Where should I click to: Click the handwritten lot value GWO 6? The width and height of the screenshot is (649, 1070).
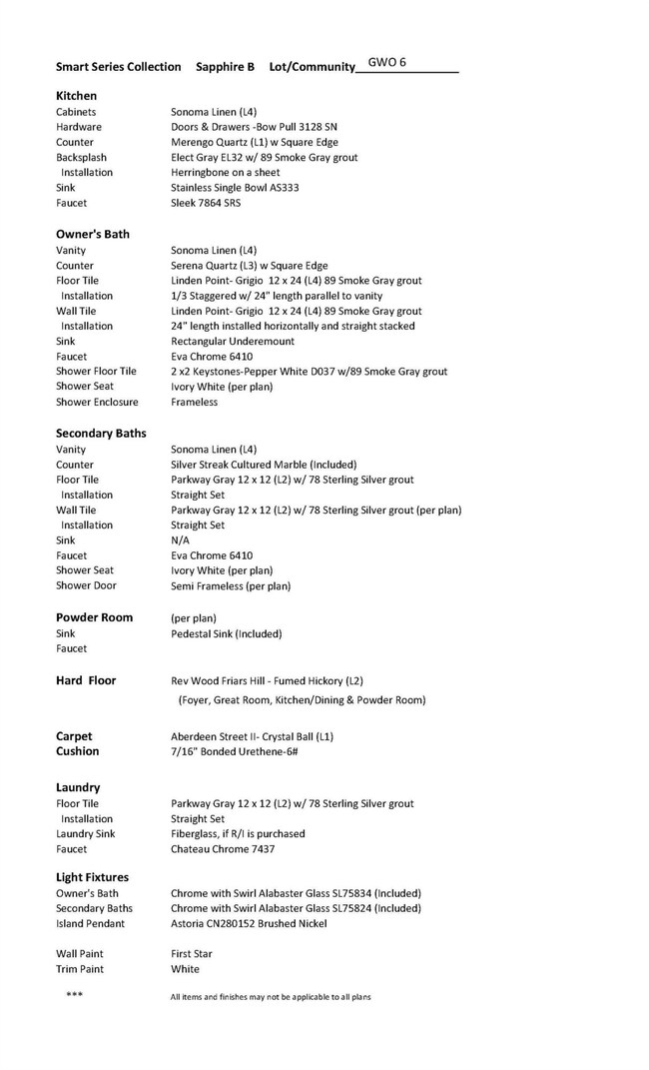coord(387,62)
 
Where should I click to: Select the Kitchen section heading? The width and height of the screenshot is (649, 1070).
coord(76,96)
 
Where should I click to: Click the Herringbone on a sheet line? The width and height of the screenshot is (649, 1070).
coord(226,172)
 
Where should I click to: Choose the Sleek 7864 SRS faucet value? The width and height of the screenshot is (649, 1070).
coord(206,203)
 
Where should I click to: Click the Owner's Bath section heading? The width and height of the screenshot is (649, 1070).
coord(93,234)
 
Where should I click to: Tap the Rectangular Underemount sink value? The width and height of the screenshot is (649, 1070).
coord(233,341)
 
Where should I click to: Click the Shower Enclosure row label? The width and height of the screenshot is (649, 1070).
coord(97,402)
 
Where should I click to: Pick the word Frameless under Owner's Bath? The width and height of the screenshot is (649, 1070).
coord(194,402)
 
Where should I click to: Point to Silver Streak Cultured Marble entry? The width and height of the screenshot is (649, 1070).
coord(264,465)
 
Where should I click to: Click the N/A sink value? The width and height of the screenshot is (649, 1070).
coord(180,539)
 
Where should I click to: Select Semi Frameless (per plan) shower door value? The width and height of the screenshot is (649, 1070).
coord(231,585)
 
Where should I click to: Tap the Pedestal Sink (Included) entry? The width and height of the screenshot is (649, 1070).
coord(226,633)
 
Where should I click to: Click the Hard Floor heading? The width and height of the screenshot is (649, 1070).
coord(86,680)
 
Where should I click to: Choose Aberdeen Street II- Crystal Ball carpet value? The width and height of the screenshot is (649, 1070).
coord(252,736)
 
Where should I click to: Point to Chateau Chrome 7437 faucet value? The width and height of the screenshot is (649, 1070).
coord(223,849)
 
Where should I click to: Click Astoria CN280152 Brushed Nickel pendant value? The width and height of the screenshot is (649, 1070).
coord(249,923)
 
